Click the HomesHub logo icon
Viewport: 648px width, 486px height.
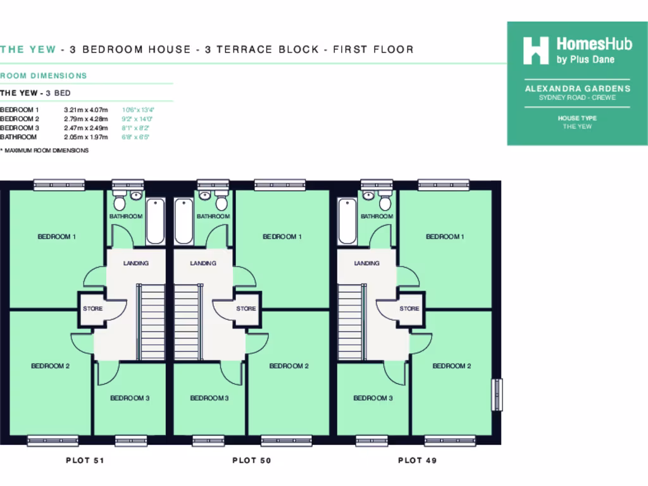click(x=535, y=51)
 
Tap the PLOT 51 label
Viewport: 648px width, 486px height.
click(x=85, y=460)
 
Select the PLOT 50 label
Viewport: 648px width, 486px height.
click(x=252, y=460)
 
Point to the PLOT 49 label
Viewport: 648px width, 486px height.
click(x=417, y=460)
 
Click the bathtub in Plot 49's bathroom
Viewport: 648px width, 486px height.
click(x=347, y=221)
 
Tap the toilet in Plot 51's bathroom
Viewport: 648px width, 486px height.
click(x=120, y=202)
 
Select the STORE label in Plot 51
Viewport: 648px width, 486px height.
click(x=93, y=309)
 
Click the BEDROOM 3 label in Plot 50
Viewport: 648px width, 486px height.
click(x=209, y=398)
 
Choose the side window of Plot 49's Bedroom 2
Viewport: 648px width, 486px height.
click(x=497, y=396)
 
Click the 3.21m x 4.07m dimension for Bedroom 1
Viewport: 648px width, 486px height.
click(x=86, y=109)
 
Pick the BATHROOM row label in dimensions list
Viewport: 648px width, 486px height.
click(x=18, y=137)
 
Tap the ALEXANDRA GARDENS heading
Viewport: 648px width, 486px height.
click(x=577, y=89)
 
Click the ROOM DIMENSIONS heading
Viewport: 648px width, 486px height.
click(x=44, y=76)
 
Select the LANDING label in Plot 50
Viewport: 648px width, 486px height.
click(x=203, y=263)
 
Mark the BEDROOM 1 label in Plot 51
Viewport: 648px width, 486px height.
click(x=57, y=237)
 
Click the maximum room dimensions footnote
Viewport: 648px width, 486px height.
click(x=44, y=151)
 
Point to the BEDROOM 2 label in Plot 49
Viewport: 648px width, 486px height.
click(x=451, y=366)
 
